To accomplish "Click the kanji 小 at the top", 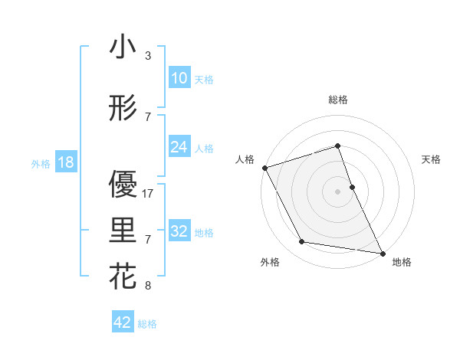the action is tap(123, 47).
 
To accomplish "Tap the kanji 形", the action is tap(123, 108).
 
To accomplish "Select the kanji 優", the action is tap(123, 184).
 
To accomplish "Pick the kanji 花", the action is tap(123, 276).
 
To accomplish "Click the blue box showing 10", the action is tap(179, 78).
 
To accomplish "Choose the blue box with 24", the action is tap(179, 147).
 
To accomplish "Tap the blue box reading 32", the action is tap(179, 231).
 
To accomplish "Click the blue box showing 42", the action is tap(123, 322).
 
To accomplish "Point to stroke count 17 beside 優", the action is tap(149, 194).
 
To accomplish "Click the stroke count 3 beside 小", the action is tap(148, 57).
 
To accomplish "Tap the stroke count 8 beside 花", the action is tap(148, 286).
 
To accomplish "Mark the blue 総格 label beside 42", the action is tap(147, 324).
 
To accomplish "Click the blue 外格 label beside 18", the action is tap(41, 164).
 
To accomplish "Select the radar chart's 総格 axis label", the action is tap(337, 100).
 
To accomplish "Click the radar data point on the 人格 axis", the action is tap(264, 167).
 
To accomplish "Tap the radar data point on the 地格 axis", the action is tap(382, 253).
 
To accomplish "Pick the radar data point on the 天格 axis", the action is tap(352, 186).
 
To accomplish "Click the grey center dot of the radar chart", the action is tap(337, 191).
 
